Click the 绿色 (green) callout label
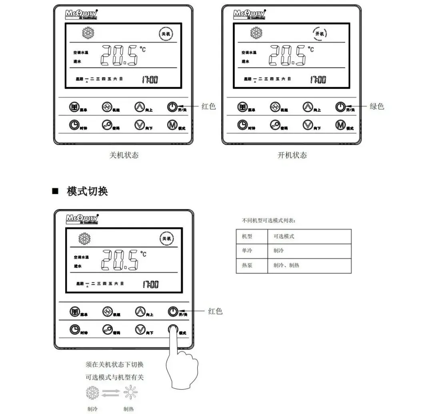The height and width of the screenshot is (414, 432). [376, 107]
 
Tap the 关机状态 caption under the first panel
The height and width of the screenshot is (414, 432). [124, 155]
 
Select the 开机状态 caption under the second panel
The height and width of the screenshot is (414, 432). [292, 155]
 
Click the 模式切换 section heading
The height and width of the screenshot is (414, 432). [87, 191]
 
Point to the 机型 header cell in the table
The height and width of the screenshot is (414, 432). [247, 236]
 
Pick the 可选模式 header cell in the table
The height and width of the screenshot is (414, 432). [284, 236]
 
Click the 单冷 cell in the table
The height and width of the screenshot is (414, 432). [247, 251]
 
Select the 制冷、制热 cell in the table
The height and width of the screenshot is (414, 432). [286, 265]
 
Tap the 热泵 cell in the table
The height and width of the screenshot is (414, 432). [247, 265]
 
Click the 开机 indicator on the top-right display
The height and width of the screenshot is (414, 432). [320, 34]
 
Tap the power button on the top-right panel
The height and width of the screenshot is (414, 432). [340, 107]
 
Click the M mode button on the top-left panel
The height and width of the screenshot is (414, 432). [172, 125]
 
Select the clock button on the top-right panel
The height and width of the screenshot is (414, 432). [242, 125]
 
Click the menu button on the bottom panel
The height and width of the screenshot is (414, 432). [74, 311]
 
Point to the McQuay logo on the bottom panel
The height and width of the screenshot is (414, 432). [82, 219]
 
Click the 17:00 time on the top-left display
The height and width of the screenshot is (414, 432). [150, 80]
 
